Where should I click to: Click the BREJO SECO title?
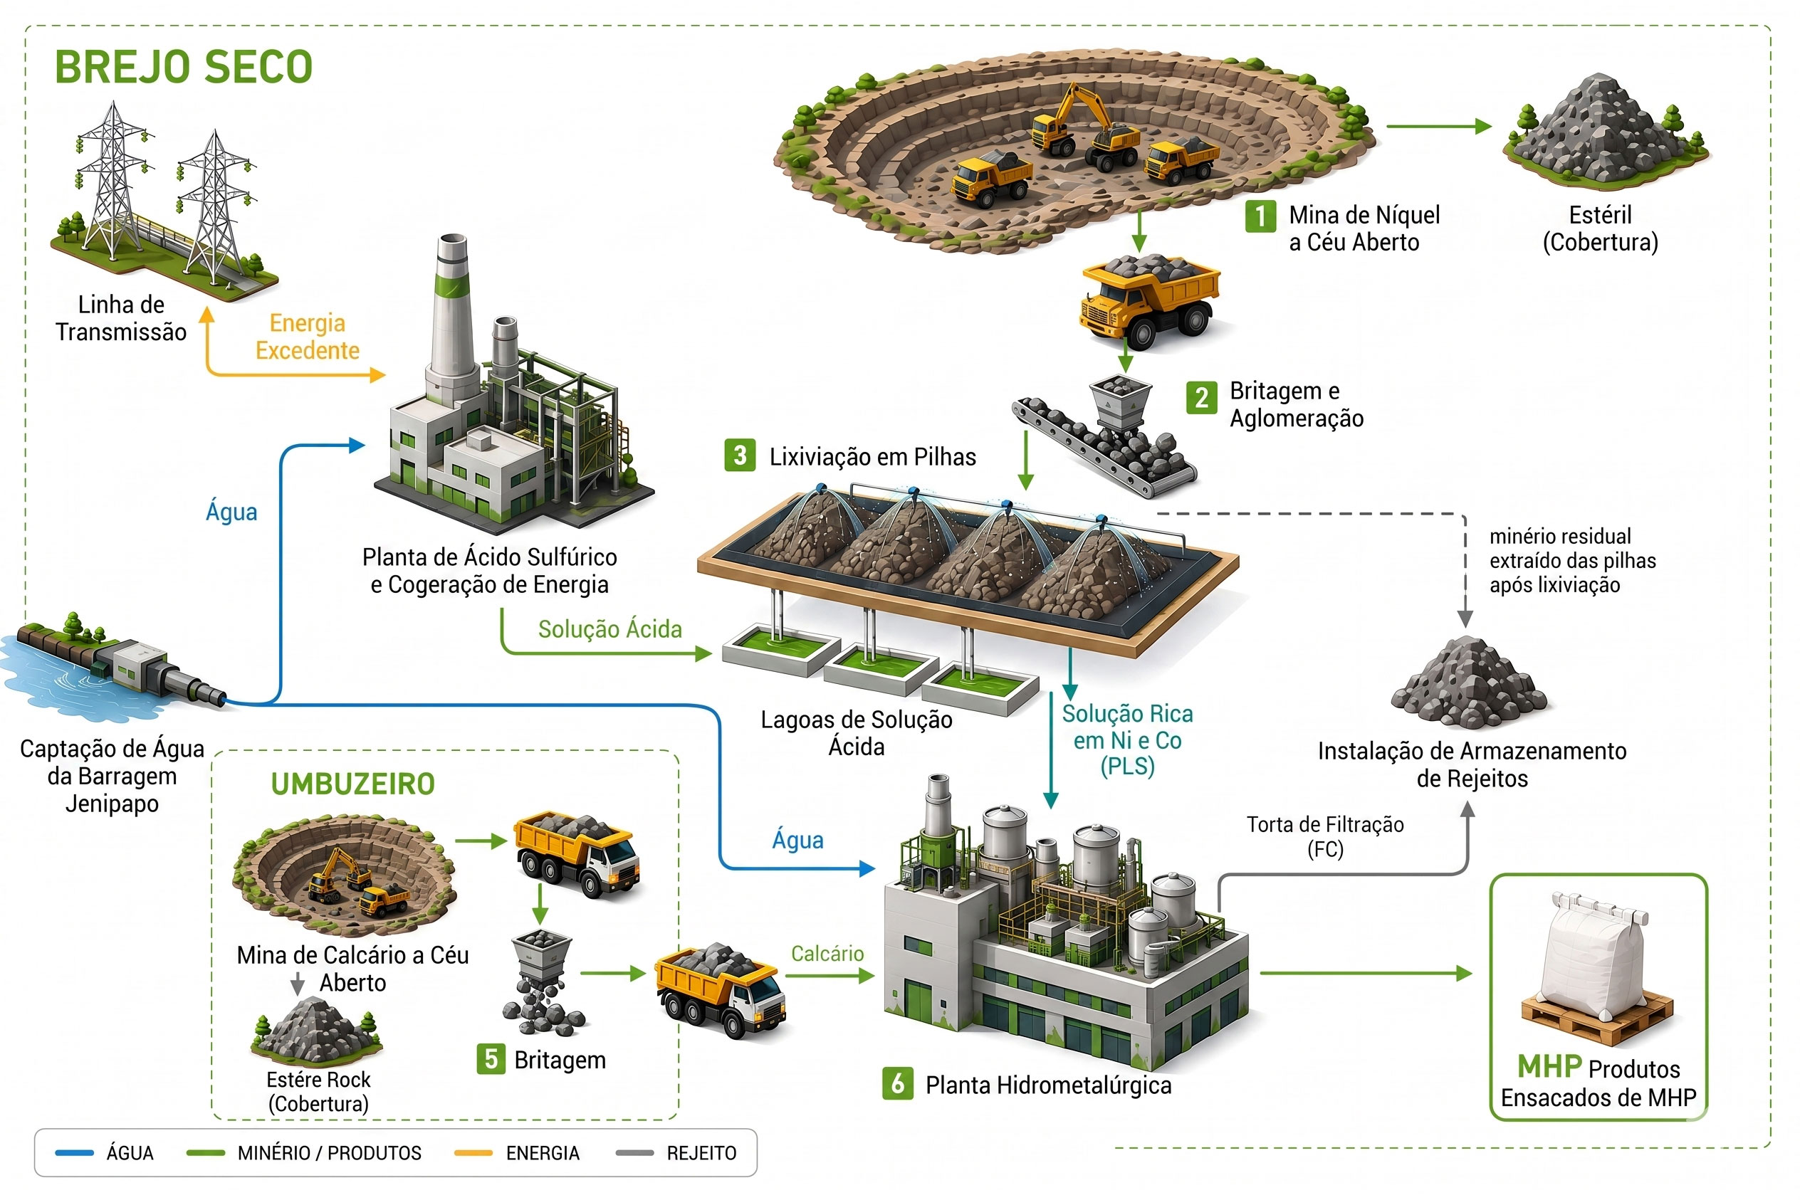[x=184, y=67]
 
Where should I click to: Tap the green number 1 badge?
[x=1260, y=216]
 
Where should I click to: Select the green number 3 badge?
[x=740, y=456]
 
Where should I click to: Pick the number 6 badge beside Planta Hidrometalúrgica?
[x=897, y=1084]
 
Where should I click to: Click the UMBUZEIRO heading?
[x=353, y=784]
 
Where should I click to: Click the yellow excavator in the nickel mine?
[x=1079, y=119]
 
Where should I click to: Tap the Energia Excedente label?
[x=307, y=337]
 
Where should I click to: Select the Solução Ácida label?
[x=609, y=629]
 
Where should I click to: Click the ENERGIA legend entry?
[x=517, y=1152]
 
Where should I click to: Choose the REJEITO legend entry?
[x=676, y=1152]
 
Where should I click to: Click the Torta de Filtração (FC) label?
[x=1325, y=836]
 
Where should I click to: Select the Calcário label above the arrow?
[x=827, y=954]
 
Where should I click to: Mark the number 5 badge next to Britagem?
[x=491, y=1059]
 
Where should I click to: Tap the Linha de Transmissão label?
[x=121, y=318]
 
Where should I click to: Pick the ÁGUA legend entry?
[x=105, y=1152]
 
